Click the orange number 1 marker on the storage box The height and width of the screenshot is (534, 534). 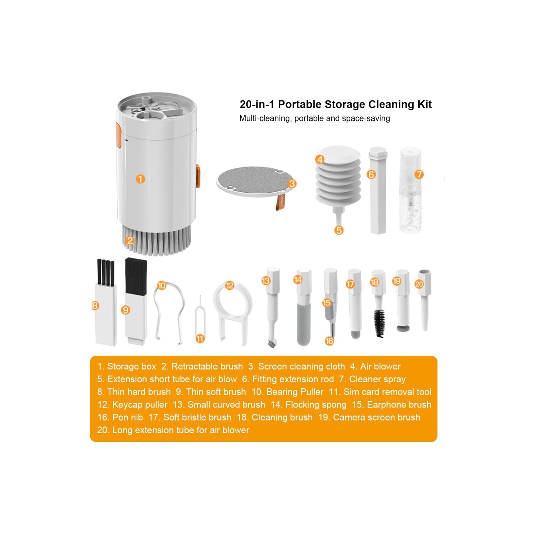coord(141,179)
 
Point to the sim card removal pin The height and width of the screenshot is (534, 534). coord(200,317)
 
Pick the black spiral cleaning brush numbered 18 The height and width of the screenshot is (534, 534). coord(379,322)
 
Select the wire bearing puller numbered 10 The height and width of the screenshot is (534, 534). coord(169,310)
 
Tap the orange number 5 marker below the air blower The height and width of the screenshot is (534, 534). coord(339,230)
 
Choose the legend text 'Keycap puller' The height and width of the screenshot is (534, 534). coord(140,405)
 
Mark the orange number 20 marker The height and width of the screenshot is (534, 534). coord(419,284)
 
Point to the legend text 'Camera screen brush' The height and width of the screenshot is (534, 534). coord(376,417)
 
